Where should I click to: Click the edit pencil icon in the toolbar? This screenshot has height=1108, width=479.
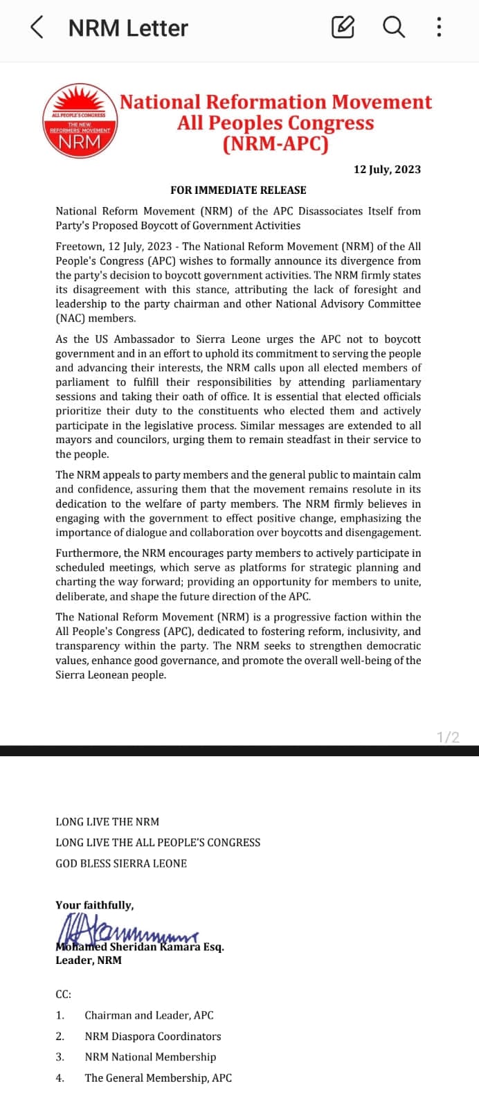point(343,28)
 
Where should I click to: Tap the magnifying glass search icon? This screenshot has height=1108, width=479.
point(393,28)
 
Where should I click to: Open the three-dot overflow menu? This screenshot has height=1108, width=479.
point(439,28)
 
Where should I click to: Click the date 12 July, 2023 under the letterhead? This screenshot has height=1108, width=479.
point(387,170)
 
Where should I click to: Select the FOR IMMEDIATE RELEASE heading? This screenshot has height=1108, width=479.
point(238,190)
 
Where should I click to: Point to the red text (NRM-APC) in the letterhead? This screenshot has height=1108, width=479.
point(275,144)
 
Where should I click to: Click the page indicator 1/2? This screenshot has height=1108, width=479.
point(448,738)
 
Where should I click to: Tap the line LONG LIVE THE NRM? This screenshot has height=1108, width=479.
point(107,822)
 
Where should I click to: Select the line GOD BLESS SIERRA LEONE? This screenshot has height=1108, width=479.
point(121,864)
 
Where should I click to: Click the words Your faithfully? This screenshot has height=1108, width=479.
point(95,905)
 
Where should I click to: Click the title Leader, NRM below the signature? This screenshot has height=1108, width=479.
point(89,960)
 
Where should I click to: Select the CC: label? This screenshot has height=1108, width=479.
point(64,994)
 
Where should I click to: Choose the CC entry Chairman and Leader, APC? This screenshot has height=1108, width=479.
point(149,1015)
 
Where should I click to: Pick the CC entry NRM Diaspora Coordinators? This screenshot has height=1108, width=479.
point(153,1037)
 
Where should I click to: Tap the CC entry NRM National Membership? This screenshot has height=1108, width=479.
point(150,1057)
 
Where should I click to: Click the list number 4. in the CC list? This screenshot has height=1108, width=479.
point(60,1078)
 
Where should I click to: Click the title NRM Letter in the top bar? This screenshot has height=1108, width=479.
point(128,28)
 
